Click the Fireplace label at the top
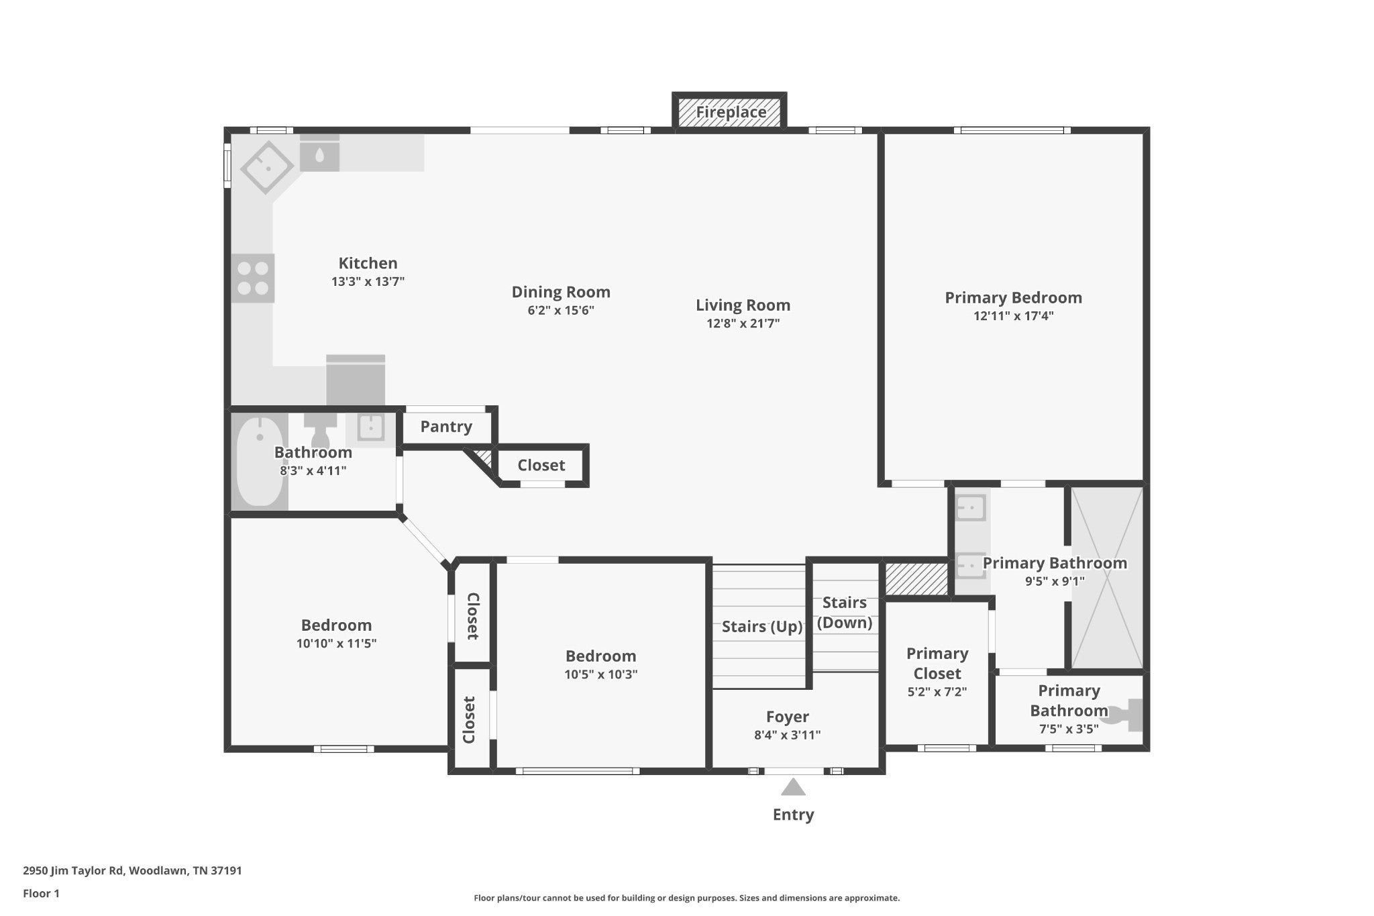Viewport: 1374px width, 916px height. pos(731,112)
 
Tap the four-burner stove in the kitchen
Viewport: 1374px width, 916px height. pos(253,278)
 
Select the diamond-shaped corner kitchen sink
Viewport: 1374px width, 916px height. pos(268,167)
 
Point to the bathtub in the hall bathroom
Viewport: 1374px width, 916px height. pos(260,462)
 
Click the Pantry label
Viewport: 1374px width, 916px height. pos(446,427)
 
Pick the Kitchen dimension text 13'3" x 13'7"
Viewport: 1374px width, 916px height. pos(368,282)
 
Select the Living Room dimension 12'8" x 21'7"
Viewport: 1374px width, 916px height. pos(743,323)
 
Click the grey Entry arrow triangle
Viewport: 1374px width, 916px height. pos(793,786)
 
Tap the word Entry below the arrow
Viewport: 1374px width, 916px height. pos(793,815)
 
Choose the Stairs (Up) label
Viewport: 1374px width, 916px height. pos(762,627)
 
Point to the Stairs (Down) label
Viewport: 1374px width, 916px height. pos(845,613)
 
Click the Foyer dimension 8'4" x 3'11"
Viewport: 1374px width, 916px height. pos(787,735)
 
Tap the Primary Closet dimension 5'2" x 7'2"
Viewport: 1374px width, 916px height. pos(937,692)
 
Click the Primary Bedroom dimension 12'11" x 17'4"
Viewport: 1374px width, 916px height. pos(1013,316)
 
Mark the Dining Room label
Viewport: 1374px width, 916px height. pos(561,292)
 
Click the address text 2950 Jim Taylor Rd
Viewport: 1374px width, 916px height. pos(74,871)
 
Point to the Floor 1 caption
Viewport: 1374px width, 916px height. pos(42,894)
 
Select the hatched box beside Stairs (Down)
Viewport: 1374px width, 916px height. pos(916,578)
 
